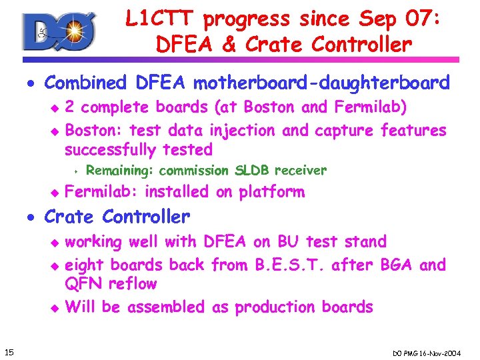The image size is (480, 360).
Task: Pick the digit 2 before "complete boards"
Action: click(x=70, y=107)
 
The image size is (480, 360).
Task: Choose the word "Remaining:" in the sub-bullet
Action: click(x=121, y=171)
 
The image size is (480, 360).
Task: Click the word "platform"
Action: click(x=272, y=192)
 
